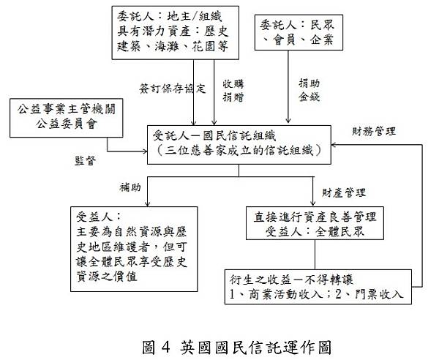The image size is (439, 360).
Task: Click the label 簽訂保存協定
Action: tap(171, 89)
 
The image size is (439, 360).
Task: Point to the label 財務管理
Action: tap(373, 132)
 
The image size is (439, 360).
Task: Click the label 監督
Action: tap(86, 160)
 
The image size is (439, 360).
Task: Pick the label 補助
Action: tap(130, 187)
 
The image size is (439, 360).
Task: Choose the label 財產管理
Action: tap(345, 192)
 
